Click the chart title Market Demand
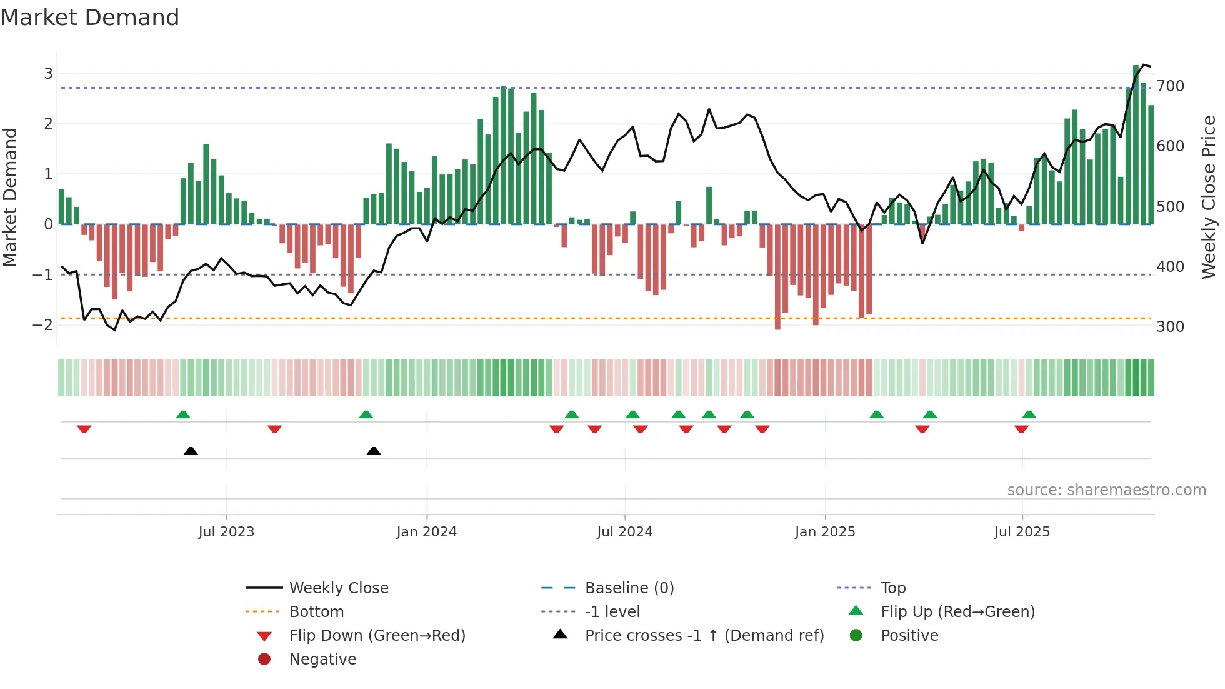tap(90, 18)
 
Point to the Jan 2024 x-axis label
tap(426, 531)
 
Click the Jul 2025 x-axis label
tap(1022, 531)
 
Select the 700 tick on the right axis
tap(1170, 86)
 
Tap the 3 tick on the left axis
tap(48, 73)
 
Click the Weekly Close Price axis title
tap(1209, 197)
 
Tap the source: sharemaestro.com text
tap(1106, 490)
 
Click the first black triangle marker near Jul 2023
tap(191, 451)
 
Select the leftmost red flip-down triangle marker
tap(84, 429)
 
